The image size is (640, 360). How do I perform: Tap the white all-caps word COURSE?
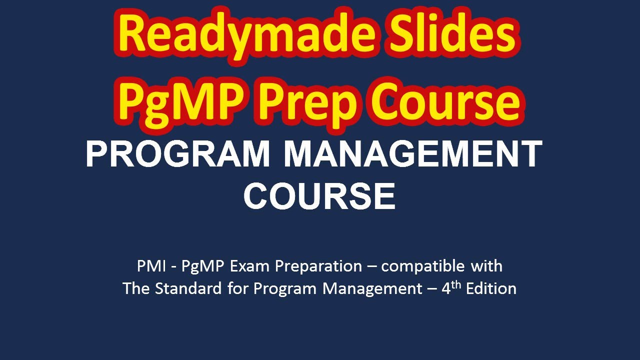click(x=319, y=196)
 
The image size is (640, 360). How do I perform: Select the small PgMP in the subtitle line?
click(x=203, y=266)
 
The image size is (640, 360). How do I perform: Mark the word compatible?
click(x=423, y=266)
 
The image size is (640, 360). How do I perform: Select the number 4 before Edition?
click(x=446, y=289)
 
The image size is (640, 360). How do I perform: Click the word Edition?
click(x=491, y=288)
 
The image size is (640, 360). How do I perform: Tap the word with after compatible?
click(x=486, y=266)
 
